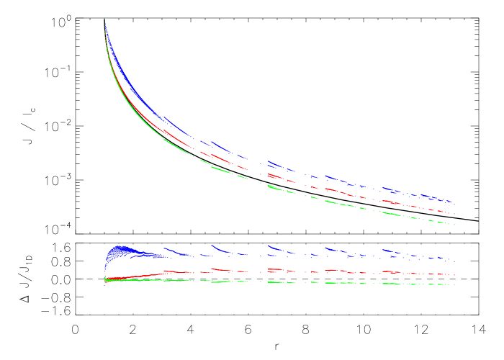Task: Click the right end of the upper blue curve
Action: pos(454,203)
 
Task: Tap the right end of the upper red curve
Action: pos(454,214)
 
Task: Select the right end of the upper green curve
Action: pos(454,225)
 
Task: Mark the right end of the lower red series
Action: pos(454,275)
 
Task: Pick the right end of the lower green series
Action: pos(454,284)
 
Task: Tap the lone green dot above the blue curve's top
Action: pos(104,19)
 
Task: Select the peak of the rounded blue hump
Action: pos(121,248)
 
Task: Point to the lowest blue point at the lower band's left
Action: pos(105,285)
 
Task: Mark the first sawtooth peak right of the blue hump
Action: pos(165,248)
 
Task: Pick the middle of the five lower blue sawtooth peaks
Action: pos(269,246)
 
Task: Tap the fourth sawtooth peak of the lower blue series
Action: pos(325,248)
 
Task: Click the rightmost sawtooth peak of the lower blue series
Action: pos(383,249)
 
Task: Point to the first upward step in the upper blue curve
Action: pos(164,117)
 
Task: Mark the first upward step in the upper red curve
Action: pos(164,130)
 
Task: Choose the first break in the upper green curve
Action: pos(193,155)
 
